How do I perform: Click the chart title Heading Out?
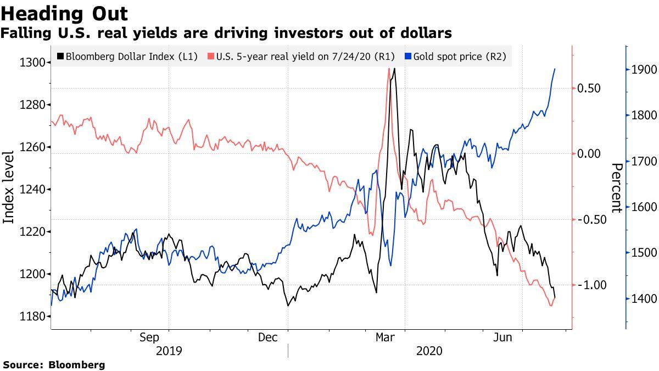(64, 13)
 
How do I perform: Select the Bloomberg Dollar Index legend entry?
(127, 56)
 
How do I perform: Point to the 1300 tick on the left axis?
(32, 62)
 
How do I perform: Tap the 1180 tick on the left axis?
(32, 317)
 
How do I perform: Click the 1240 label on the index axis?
(32, 189)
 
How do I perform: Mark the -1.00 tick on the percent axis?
(590, 285)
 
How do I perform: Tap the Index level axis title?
(9, 189)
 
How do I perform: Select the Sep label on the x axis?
(149, 337)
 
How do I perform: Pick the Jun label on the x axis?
(502, 337)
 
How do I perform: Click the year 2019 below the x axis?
(169, 351)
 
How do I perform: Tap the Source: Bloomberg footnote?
(54, 364)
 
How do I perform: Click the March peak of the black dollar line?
(394, 69)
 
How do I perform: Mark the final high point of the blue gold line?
(555, 69)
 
